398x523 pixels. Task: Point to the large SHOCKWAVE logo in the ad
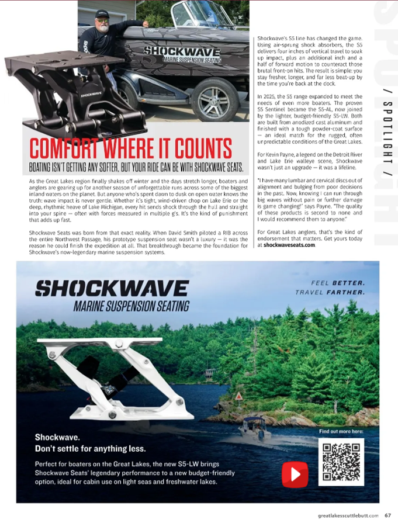point(112,288)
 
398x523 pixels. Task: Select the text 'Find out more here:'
point(341,431)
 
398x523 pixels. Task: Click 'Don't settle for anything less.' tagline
point(90,449)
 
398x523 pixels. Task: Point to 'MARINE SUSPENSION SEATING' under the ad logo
point(131,306)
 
